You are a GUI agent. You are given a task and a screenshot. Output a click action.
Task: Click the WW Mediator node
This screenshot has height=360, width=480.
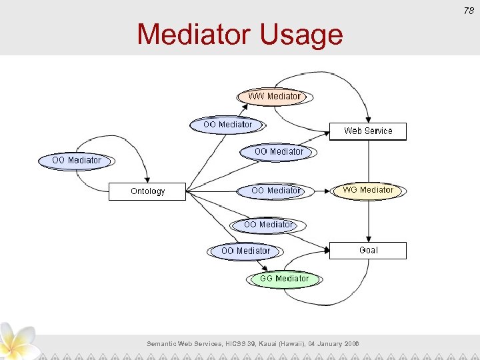click(275, 97)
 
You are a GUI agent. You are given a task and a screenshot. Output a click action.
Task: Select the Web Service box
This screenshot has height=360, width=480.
click(368, 131)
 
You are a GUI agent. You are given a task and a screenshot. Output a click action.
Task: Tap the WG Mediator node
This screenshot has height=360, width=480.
click(368, 191)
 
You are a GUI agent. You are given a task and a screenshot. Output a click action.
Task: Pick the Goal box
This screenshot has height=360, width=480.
click(368, 250)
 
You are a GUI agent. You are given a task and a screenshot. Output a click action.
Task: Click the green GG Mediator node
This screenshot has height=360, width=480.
click(285, 279)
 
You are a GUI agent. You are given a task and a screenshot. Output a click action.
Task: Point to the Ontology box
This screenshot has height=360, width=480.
click(147, 191)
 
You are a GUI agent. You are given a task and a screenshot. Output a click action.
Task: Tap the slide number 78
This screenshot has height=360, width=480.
click(469, 9)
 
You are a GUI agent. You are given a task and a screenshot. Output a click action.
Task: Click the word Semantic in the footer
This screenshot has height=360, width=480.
click(162, 343)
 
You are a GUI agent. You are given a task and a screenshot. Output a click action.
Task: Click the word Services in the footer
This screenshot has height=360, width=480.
click(203, 343)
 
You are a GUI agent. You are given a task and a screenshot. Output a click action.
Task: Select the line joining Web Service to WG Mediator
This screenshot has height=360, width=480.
click(368, 161)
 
